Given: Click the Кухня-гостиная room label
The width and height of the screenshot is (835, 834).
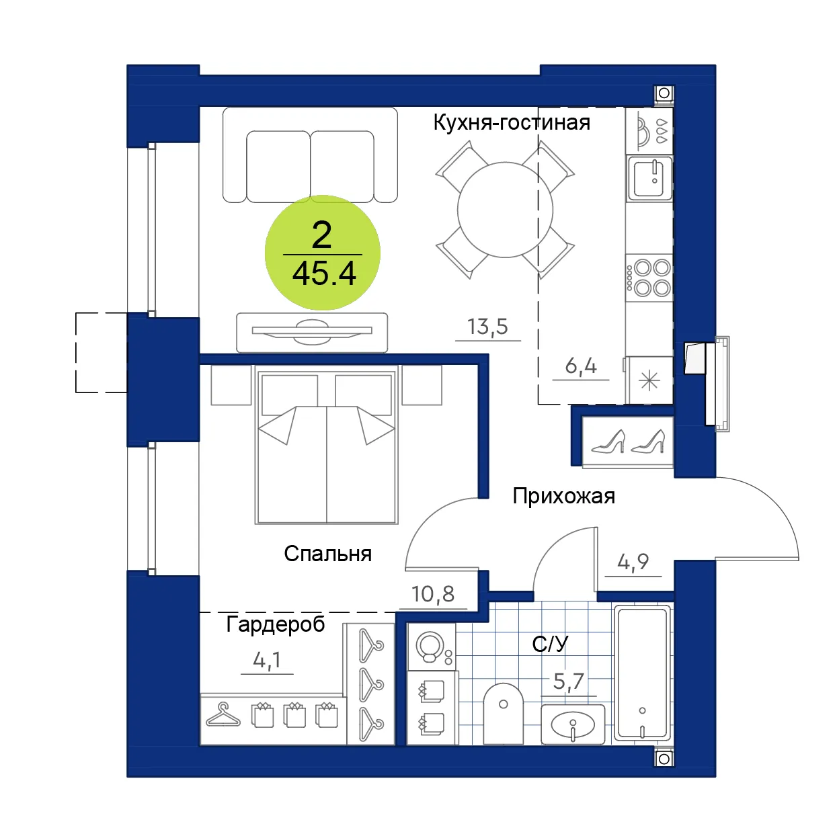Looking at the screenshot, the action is (512, 122).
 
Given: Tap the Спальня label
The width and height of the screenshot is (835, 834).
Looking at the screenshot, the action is (327, 554).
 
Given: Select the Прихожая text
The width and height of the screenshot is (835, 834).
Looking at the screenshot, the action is (563, 497).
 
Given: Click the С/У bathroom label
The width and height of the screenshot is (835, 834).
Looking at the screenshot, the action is (550, 644).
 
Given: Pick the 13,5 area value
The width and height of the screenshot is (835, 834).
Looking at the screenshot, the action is (487, 327).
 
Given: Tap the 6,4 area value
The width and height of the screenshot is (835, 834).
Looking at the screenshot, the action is (581, 366).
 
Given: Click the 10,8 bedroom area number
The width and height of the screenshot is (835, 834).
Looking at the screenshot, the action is (433, 594).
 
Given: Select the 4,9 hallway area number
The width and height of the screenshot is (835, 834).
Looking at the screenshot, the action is (633, 562).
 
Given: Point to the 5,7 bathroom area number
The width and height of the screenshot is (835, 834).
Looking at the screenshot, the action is (569, 681).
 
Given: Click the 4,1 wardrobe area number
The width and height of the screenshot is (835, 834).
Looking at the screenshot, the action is (267, 660).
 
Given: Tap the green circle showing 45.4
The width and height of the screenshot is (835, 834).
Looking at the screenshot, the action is (323, 253).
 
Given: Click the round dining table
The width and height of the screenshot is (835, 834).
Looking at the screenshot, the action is (506, 210).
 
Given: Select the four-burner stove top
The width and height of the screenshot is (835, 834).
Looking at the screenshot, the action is (649, 278).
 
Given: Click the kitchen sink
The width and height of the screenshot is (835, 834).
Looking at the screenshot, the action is (649, 178).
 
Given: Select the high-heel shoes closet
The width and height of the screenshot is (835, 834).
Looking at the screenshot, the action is (628, 442).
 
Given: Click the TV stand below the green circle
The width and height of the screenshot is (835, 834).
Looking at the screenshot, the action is (312, 332).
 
